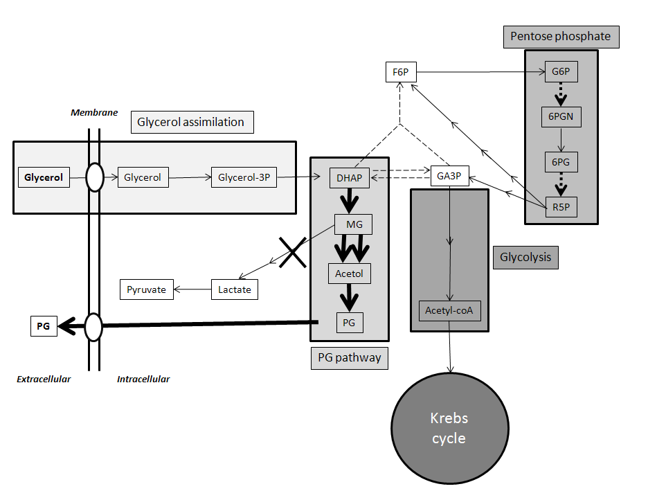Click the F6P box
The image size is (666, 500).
pyautogui.click(x=399, y=71)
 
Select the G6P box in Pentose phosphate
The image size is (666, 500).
pyautogui.click(x=560, y=71)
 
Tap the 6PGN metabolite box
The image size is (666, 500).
pyautogui.click(x=560, y=116)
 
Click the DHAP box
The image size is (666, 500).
pyautogui.click(x=350, y=178)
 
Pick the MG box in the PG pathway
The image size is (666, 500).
pyautogui.click(x=353, y=224)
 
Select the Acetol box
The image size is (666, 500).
pyautogui.click(x=349, y=274)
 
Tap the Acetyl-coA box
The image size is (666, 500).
pyautogui.click(x=450, y=310)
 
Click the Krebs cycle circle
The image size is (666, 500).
pyautogui.click(x=449, y=428)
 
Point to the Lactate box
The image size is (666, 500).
pyautogui.click(x=234, y=289)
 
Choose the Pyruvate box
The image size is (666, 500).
pyautogui.click(x=146, y=289)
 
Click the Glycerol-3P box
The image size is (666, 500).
pyautogui.click(x=243, y=177)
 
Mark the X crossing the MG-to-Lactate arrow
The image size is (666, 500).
pyautogui.click(x=292, y=252)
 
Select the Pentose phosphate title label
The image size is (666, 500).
pyautogui.click(x=561, y=36)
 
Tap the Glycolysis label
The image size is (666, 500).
pyautogui.click(x=525, y=258)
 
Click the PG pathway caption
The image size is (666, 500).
pyautogui.click(x=349, y=358)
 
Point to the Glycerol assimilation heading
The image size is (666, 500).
pyautogui.click(x=190, y=122)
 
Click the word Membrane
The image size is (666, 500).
pyautogui.click(x=94, y=112)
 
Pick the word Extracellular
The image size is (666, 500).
pyautogui.click(x=44, y=379)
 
